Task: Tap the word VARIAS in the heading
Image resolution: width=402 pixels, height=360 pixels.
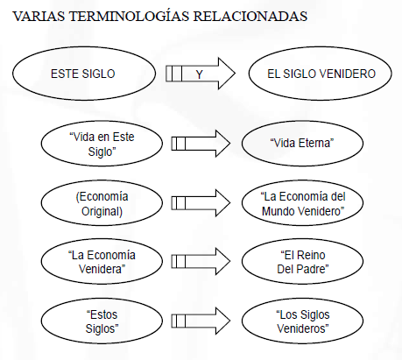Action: point(39,17)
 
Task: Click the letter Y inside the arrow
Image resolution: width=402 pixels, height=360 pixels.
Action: point(199,74)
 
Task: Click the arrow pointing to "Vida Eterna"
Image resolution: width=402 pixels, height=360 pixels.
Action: point(201,144)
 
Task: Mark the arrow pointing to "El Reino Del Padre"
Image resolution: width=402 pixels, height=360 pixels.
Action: point(201,261)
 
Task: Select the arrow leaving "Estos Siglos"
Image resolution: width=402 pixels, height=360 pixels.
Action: point(201,321)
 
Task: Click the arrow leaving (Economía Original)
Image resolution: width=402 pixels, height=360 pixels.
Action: point(201,203)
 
